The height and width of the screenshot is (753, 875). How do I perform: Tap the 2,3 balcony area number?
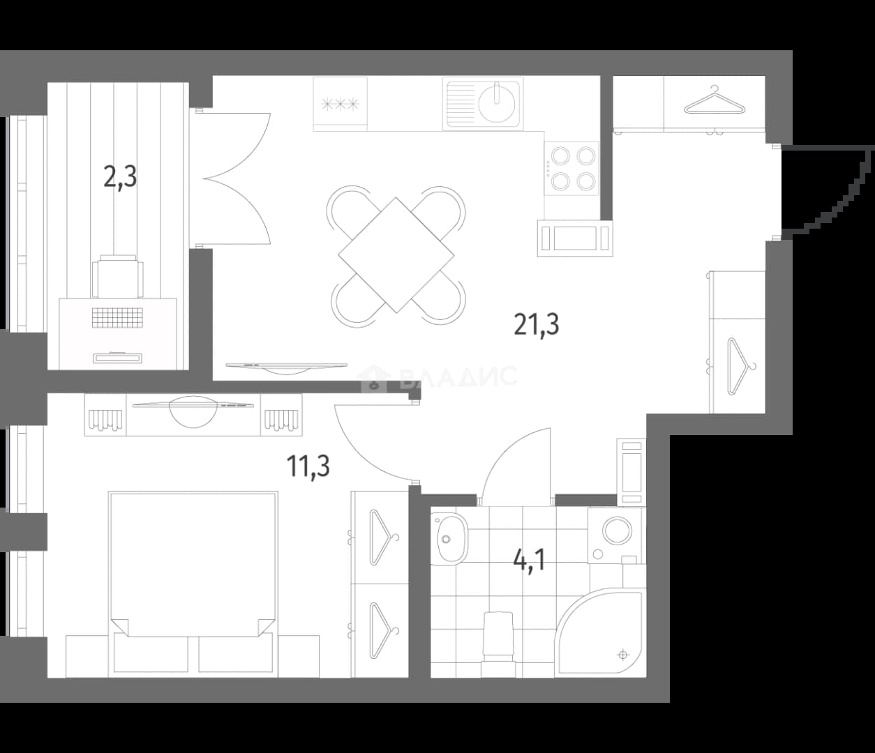(x=120, y=177)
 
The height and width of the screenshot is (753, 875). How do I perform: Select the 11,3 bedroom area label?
(x=308, y=466)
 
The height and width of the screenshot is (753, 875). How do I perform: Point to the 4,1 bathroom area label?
(x=529, y=561)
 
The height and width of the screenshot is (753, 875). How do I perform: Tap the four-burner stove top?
(x=571, y=168)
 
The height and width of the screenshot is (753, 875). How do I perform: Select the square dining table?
(x=396, y=255)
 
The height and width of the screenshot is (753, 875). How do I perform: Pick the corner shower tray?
(x=600, y=632)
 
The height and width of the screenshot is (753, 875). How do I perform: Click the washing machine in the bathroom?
(x=617, y=535)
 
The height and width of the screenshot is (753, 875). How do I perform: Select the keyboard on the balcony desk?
(x=117, y=317)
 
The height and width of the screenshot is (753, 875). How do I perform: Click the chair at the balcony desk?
(x=118, y=275)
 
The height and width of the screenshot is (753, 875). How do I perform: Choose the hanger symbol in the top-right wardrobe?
(x=714, y=102)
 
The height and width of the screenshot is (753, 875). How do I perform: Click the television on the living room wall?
(x=287, y=367)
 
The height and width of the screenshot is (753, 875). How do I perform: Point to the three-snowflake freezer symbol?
(x=341, y=104)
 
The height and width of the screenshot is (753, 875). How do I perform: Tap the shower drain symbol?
(x=622, y=655)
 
